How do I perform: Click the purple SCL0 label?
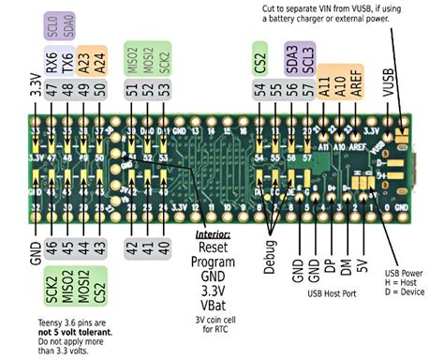pyautogui.click(x=52, y=25)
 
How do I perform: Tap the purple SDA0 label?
pyautogui.click(x=68, y=25)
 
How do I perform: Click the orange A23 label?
pyautogui.click(x=86, y=59)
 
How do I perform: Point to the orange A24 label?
pyautogui.click(x=102, y=59)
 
